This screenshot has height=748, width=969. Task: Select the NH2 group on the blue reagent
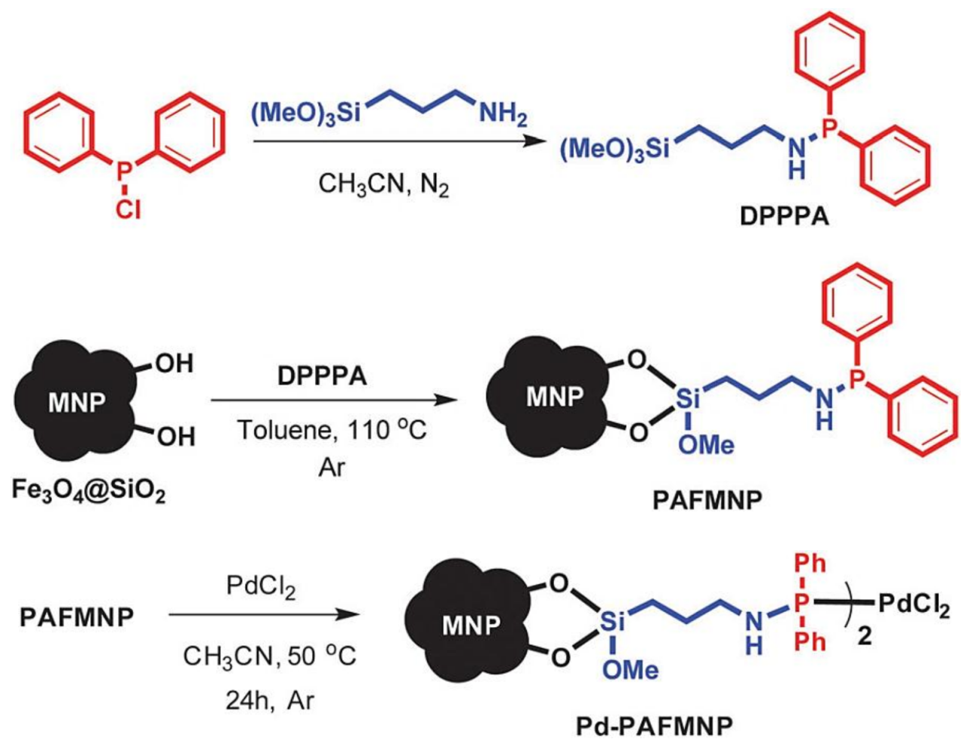coord(503,115)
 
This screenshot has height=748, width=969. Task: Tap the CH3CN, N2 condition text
coord(383,184)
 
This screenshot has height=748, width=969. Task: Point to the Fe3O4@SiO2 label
coord(88,493)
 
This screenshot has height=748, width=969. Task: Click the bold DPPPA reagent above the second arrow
coord(321,376)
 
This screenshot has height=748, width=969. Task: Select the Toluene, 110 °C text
coord(332,430)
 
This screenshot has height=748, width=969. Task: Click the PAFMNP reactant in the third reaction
coord(76,617)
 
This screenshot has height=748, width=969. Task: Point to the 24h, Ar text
coord(268,700)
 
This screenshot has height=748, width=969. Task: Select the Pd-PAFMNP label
coord(655,727)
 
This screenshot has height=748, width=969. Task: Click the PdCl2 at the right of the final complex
coord(914,604)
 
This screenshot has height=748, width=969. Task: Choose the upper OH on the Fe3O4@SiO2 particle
coord(175,363)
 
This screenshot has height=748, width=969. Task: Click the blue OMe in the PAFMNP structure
coord(706,445)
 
